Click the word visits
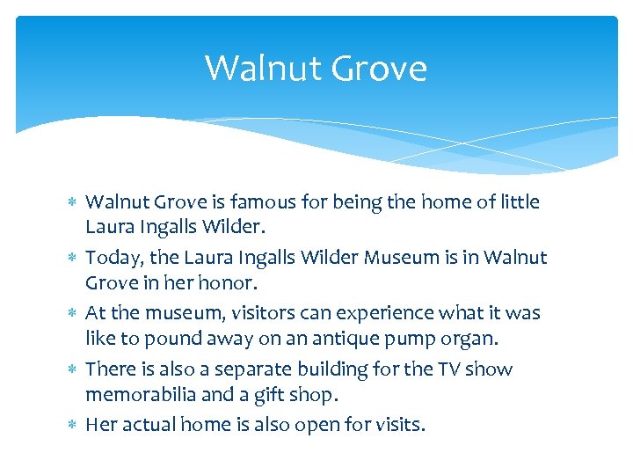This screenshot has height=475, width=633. pos(397,425)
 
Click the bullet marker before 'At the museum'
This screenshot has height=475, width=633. pos(73,314)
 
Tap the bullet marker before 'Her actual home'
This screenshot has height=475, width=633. pos(73,426)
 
